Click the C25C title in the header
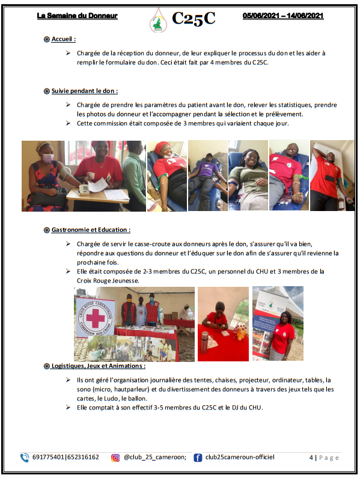tap(194, 18)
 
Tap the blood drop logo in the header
tap(158, 20)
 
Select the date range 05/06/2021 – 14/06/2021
tap(283, 16)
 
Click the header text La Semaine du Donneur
tap(77, 16)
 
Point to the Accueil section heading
tap(63, 39)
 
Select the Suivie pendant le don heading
tap(84, 91)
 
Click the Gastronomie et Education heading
tap(91, 230)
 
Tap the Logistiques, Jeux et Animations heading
tap(98, 366)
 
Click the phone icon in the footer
tap(25, 458)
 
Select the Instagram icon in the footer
tap(115, 458)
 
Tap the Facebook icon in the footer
tap(198, 458)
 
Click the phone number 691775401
tap(48, 458)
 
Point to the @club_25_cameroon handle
tap(155, 458)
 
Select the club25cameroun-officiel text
tap(240, 457)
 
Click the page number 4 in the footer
tap(311, 458)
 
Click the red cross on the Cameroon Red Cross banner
tap(96, 317)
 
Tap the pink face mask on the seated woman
tap(47, 158)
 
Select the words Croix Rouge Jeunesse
tap(108, 281)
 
